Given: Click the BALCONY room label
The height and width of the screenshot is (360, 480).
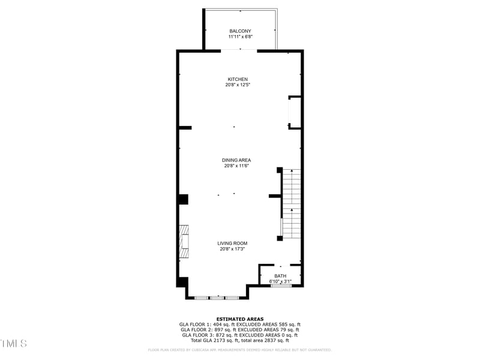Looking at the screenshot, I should pos(240,31).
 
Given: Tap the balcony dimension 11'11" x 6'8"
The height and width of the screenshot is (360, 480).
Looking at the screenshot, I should pos(240,37).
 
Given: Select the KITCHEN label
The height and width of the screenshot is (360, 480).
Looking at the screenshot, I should pos(238,79).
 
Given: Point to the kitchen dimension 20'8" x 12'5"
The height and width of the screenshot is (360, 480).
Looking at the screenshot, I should pos(238,85).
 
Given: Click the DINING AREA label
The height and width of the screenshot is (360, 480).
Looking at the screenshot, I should pos(236,160).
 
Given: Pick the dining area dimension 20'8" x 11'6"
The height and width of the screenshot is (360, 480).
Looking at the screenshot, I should pos(236,166).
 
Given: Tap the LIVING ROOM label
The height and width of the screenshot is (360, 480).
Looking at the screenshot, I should pos(232,243).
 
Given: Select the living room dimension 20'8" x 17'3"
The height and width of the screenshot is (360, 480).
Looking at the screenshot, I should pos(232,248).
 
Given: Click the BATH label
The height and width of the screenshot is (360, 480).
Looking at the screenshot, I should pos(280,276).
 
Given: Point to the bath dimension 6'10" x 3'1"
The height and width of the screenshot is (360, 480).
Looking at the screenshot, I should pos(280,281).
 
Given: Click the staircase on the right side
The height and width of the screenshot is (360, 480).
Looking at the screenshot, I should pos(291,203).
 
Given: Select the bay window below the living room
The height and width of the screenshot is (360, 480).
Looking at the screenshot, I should pos(217,297).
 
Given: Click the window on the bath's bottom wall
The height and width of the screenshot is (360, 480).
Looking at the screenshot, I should pos(281,286).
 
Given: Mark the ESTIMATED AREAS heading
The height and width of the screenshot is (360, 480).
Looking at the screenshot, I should pos(239,319).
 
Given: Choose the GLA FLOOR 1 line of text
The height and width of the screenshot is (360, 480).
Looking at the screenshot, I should pos(239,325).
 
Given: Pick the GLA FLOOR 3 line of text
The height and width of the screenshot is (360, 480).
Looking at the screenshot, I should pos(239,335).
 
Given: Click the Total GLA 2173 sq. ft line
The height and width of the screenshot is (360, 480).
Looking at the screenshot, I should pos(239,340).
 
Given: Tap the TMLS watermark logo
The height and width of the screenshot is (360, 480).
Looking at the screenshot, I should pos(13,344).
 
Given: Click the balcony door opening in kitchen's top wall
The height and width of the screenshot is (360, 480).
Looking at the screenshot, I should pos(239,50).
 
